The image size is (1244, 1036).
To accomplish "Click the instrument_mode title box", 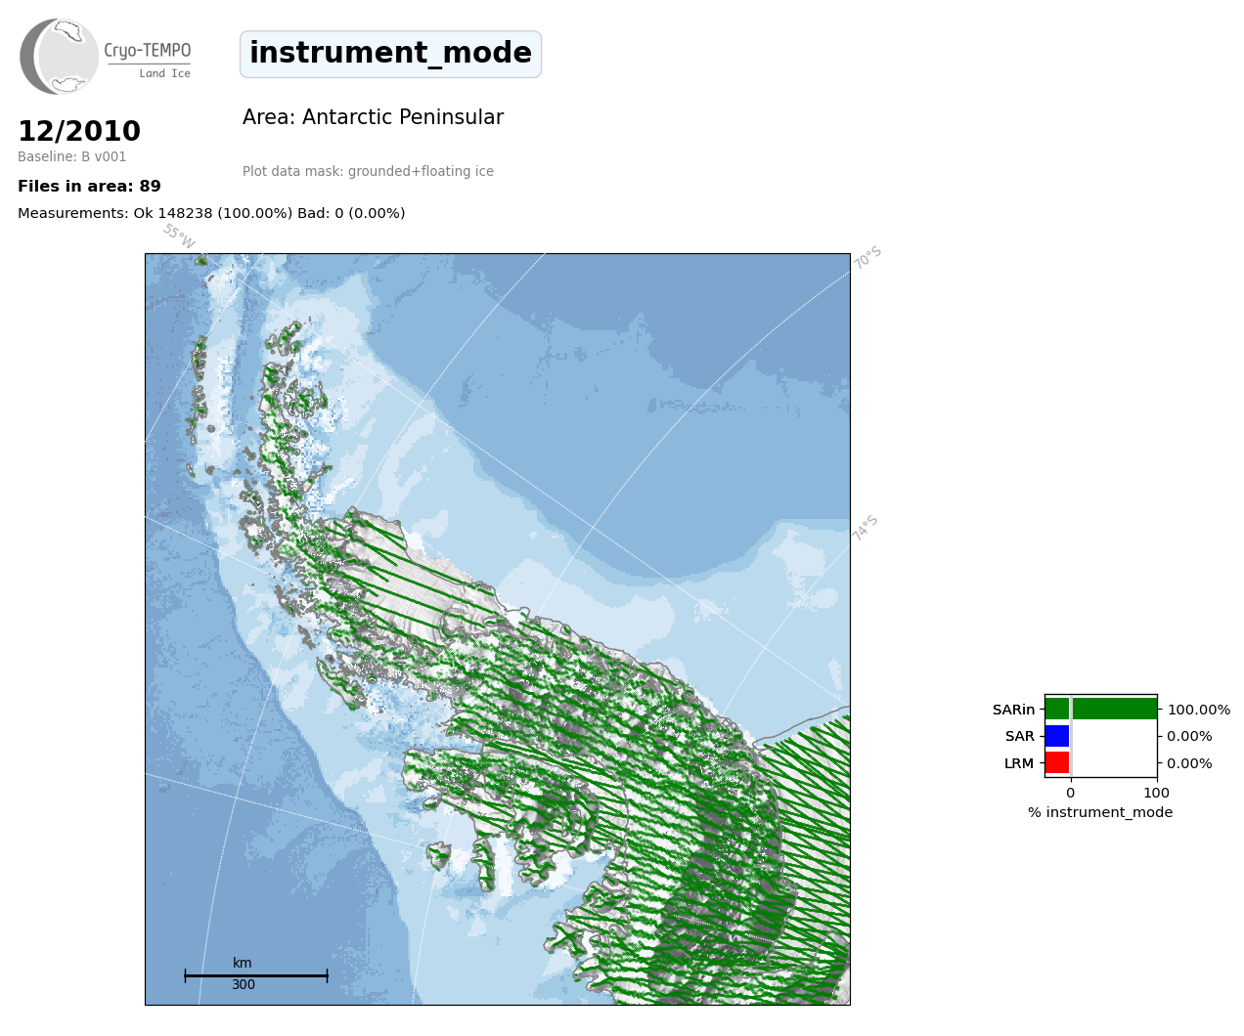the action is tap(390, 54).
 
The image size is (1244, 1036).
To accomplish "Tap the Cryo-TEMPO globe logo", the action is tap(59, 57).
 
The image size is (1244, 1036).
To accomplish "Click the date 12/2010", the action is tap(79, 131).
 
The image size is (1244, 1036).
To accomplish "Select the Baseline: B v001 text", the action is tap(72, 156).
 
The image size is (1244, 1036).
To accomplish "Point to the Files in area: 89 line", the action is tap(89, 187).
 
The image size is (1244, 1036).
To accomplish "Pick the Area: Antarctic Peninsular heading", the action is tap(373, 117).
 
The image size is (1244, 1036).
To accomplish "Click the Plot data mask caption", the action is tap(368, 171).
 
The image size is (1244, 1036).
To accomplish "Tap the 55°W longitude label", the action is tap(179, 237).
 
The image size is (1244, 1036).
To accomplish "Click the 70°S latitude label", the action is tap(867, 257).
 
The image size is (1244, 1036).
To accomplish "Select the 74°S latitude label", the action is tap(866, 528).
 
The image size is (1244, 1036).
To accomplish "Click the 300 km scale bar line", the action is tap(256, 975).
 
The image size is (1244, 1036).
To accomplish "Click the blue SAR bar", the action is tap(1057, 736).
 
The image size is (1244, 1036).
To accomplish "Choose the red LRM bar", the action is tap(1057, 762).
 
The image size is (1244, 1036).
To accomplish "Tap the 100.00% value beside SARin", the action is tap(1199, 710).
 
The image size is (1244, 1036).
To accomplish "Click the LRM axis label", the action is tap(1019, 763).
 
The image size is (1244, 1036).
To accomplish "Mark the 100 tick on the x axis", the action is tap(1156, 793).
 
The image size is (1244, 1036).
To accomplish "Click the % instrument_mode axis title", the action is tap(1100, 813).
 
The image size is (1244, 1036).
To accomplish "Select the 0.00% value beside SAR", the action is tap(1189, 737).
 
